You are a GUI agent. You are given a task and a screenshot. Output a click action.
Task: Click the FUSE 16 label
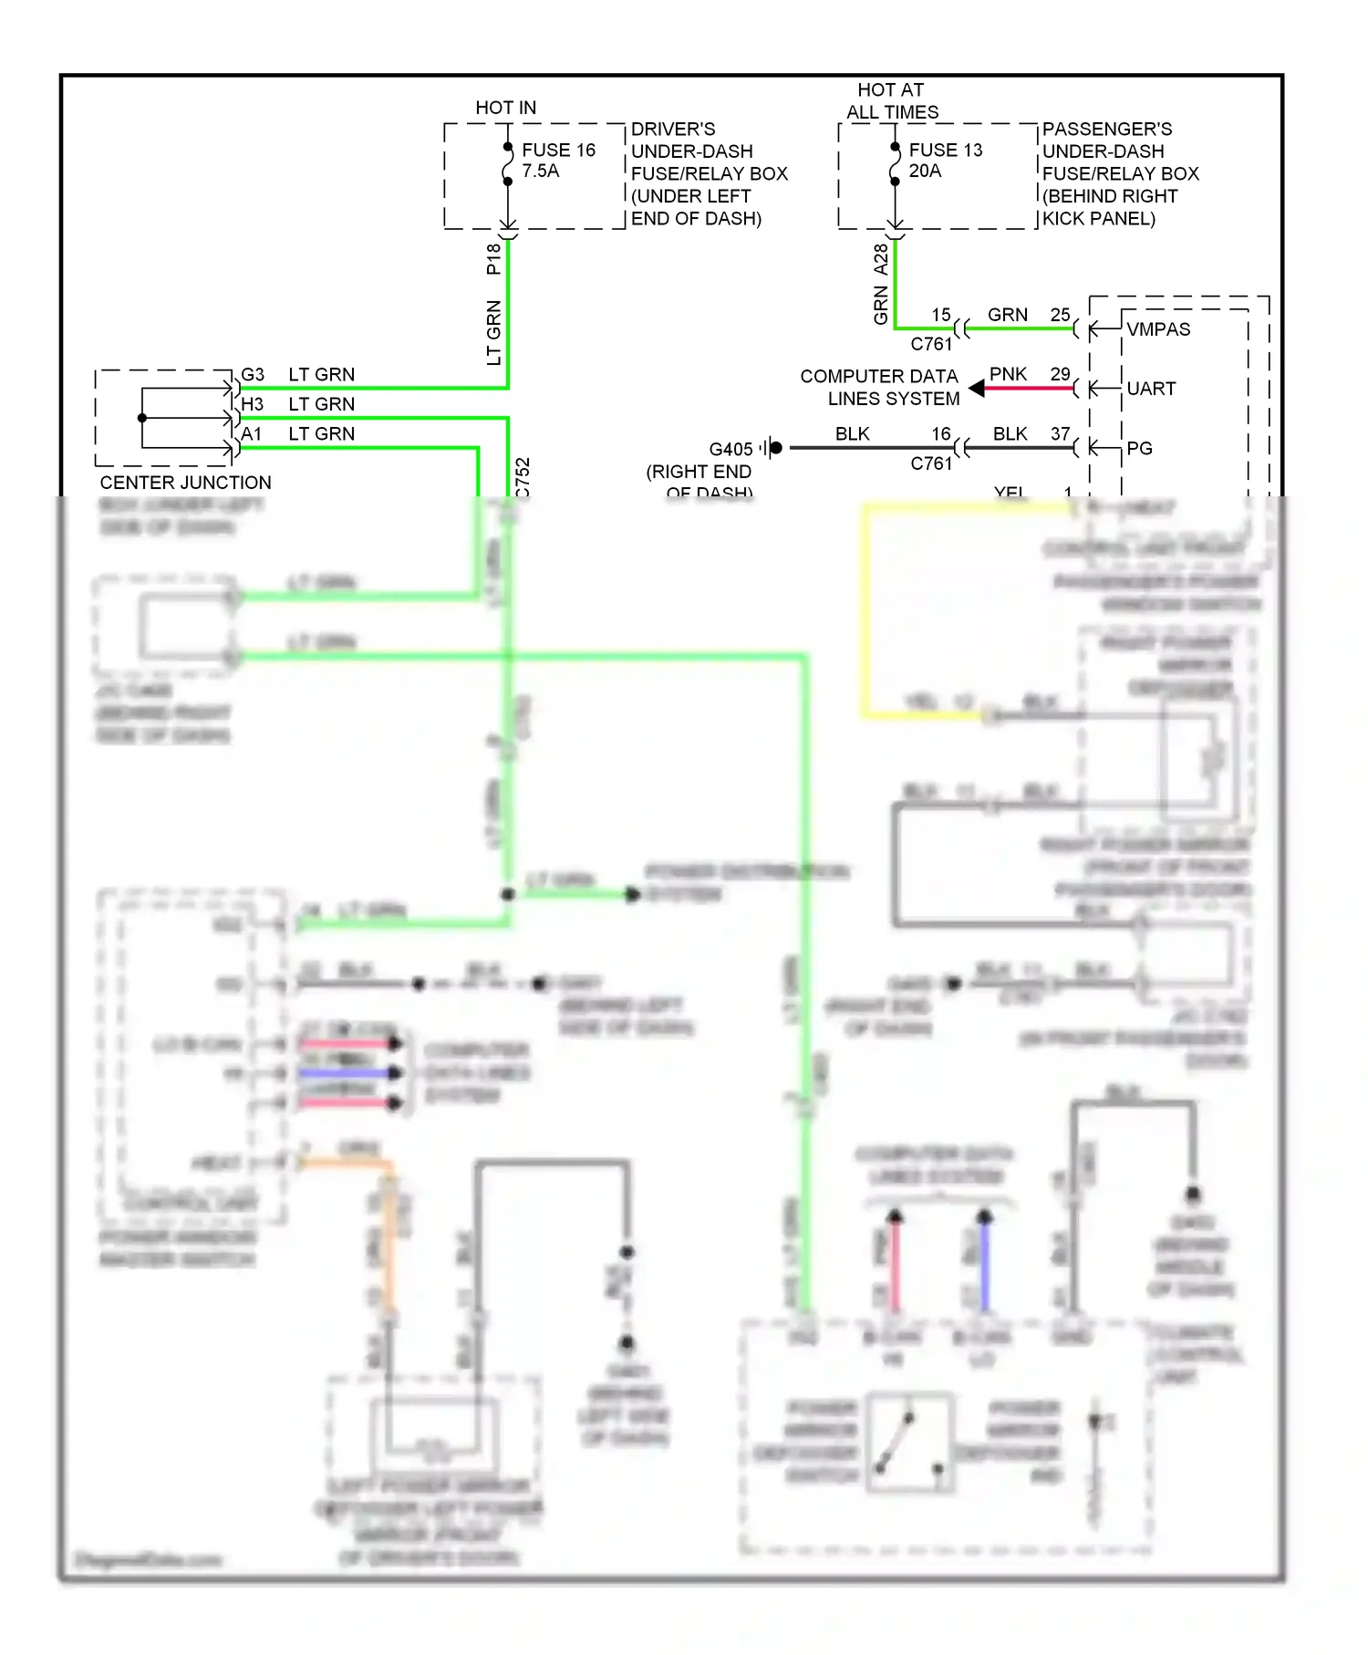point(558,150)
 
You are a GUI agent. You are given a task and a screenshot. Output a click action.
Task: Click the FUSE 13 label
point(946,150)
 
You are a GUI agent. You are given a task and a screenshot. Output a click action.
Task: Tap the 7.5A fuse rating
point(541,171)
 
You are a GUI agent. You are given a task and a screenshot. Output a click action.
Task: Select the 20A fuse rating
point(925,171)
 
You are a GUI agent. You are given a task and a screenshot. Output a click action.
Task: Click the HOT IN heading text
point(505,108)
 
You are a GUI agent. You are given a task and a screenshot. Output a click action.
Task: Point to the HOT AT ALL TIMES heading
point(891,101)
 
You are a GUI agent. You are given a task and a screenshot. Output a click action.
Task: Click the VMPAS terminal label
point(1158,329)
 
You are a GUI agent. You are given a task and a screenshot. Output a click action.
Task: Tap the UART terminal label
point(1151,389)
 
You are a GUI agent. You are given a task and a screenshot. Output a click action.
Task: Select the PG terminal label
point(1139,448)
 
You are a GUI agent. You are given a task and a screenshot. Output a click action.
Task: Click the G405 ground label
point(731,449)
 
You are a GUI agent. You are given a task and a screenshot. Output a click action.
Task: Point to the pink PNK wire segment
point(1031,389)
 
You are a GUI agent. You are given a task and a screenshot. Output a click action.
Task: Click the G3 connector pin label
point(253,375)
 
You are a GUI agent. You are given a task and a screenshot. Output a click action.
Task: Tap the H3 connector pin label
point(253,404)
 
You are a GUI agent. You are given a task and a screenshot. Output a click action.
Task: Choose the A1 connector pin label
point(252,434)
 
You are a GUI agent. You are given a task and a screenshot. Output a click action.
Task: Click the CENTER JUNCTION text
point(185,483)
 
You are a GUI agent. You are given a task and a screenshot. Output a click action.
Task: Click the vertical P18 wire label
point(493,259)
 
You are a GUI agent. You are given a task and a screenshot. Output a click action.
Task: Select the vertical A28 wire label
point(880,259)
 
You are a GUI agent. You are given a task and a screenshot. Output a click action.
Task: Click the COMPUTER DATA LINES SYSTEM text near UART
point(879,388)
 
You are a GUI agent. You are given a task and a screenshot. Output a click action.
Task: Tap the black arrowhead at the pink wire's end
point(977,389)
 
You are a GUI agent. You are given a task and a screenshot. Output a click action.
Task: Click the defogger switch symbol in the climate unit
point(909,1442)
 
